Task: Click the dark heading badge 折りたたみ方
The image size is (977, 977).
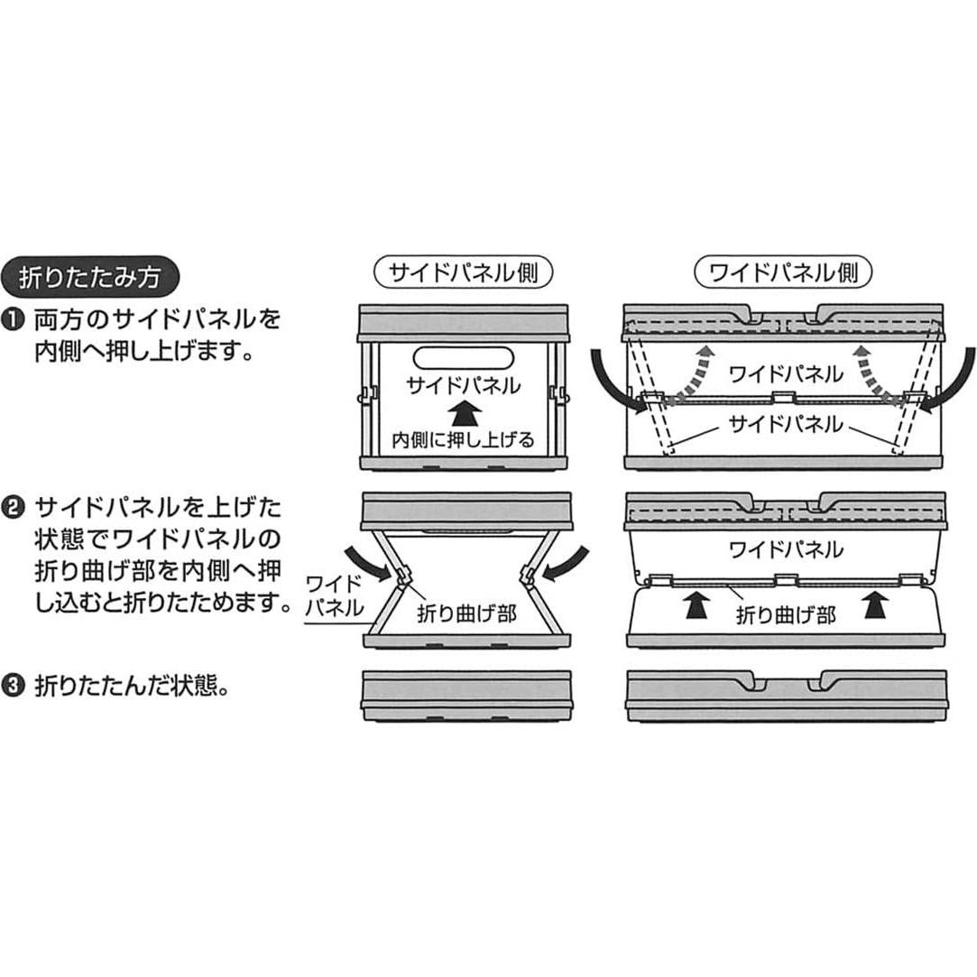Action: [x=90, y=277]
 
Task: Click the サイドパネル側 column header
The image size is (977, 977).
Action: [x=464, y=272]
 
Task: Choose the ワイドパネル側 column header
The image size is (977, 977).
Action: [x=783, y=272]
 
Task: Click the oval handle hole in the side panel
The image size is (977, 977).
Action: [x=464, y=360]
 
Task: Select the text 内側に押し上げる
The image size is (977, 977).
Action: [x=463, y=440]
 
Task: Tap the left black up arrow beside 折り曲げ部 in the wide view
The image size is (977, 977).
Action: [x=697, y=604]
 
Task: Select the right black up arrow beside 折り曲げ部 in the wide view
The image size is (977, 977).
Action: [x=875, y=604]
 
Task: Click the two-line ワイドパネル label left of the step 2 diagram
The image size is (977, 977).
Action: [x=335, y=596]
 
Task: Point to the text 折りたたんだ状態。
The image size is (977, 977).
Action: [x=132, y=687]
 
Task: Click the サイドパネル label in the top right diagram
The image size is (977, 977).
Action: [x=786, y=425]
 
